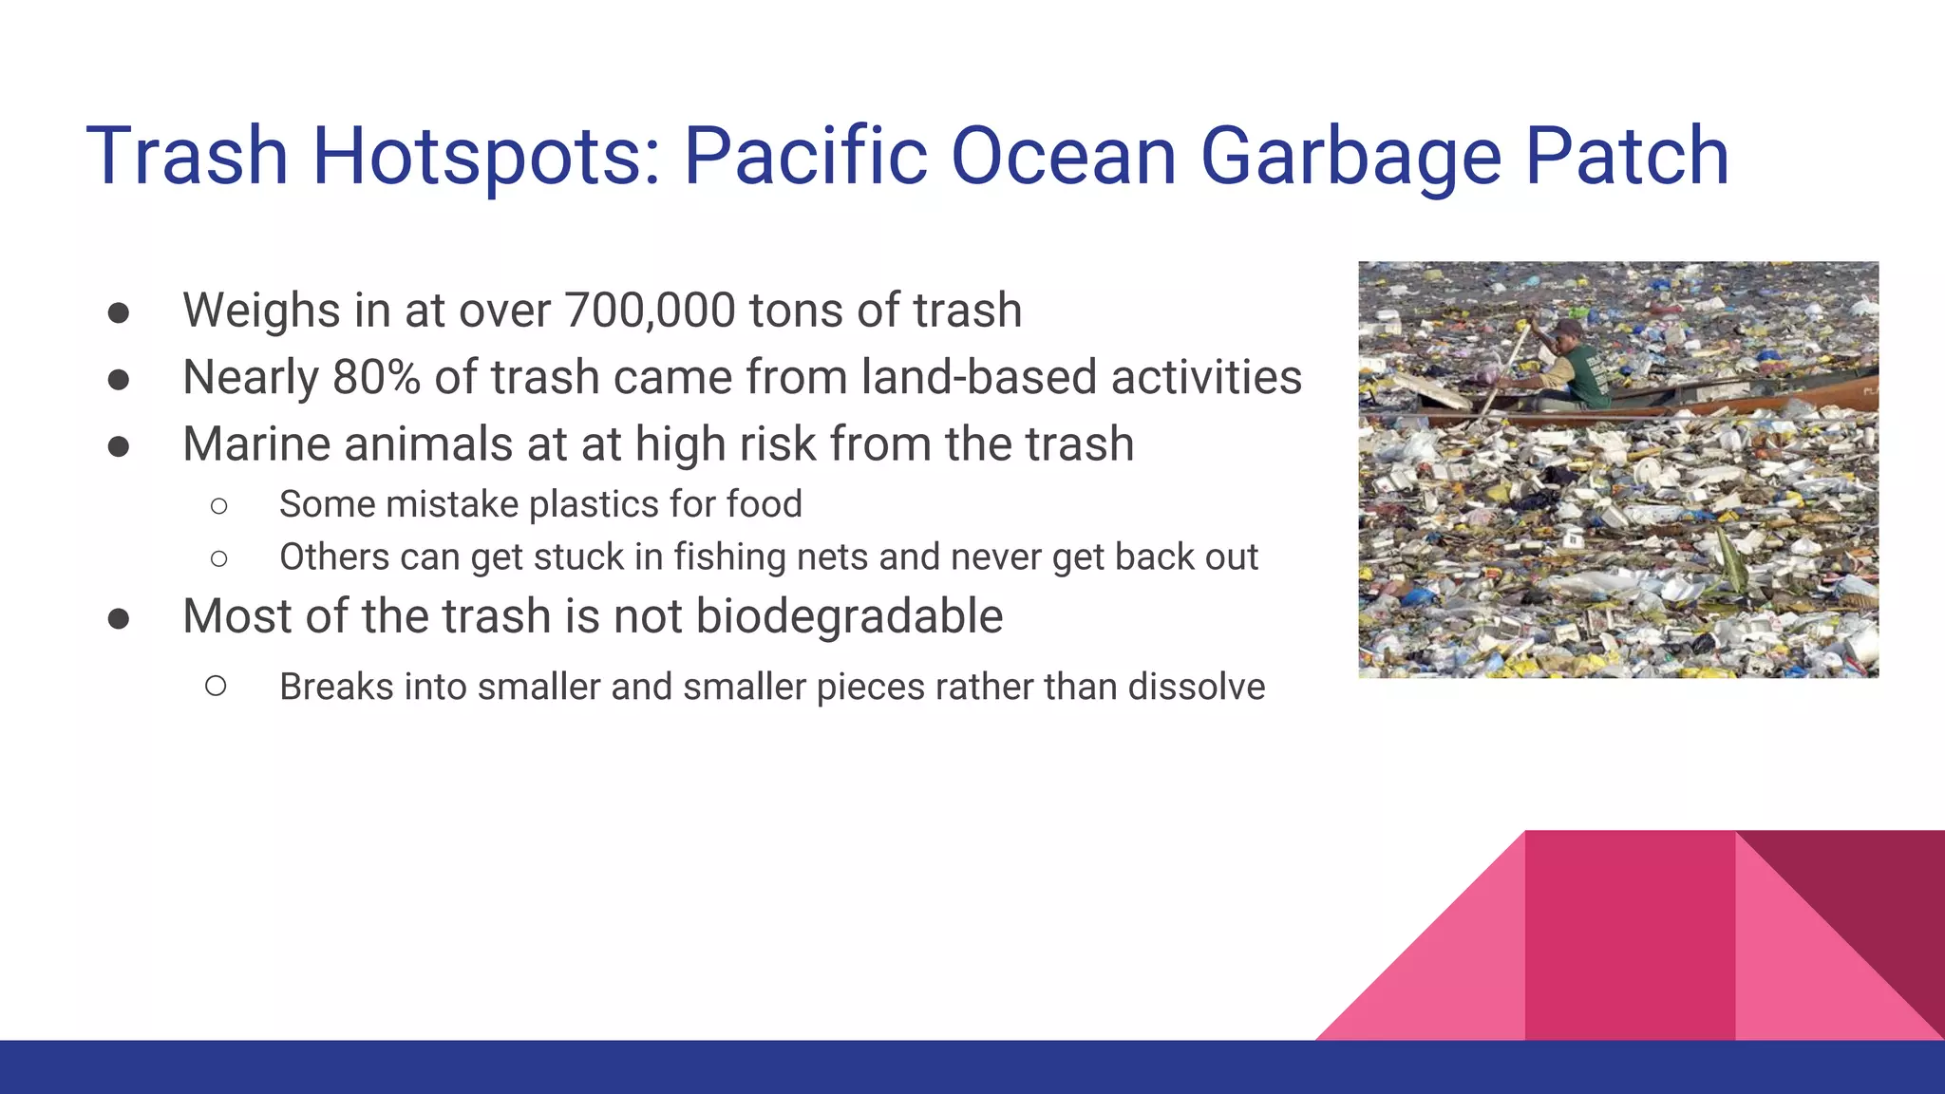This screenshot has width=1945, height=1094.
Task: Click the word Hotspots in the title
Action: (x=484, y=157)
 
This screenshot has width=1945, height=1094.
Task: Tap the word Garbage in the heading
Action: (x=1350, y=157)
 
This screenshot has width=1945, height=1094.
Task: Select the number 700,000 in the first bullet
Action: (x=650, y=311)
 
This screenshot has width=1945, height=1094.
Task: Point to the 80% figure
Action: (x=376, y=377)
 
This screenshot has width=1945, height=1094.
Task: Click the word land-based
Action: (x=978, y=377)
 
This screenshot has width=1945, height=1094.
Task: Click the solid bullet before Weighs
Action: (x=119, y=313)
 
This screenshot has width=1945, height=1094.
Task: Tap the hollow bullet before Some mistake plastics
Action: (x=219, y=506)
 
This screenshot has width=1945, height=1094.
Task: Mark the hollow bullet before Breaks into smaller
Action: (x=216, y=686)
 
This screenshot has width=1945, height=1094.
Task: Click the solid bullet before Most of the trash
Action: (x=119, y=619)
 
